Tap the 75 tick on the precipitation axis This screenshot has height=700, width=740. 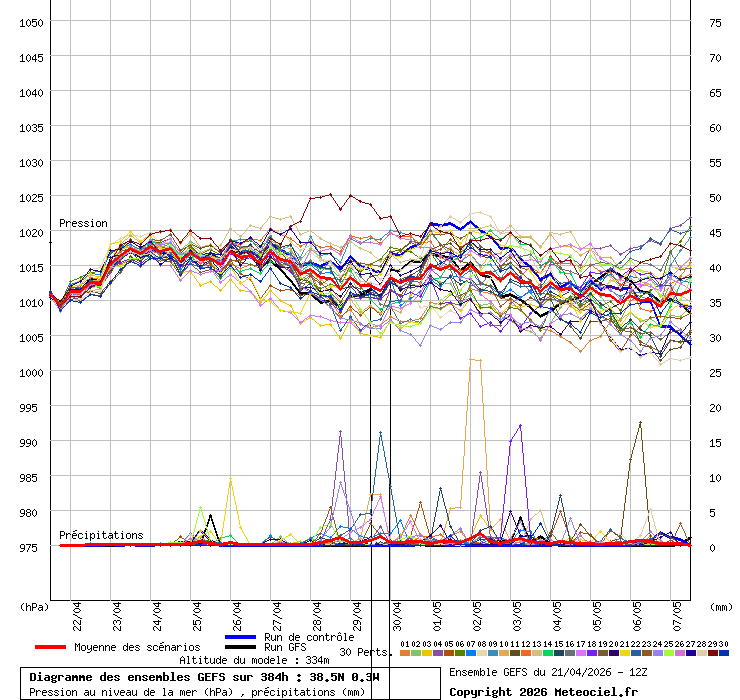coord(715,22)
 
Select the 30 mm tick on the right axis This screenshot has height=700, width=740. coord(715,337)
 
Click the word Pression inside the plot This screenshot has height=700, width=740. coord(83,223)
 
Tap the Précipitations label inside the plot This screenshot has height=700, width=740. coord(101,535)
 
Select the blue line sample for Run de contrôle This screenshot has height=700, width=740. coord(241,637)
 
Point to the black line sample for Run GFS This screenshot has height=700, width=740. coord(241,647)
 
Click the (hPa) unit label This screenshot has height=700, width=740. coord(35,606)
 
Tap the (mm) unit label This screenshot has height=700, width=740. coord(720,606)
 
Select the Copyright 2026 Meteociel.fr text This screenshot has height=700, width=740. coord(543,691)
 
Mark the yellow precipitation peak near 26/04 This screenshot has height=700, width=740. coord(231,481)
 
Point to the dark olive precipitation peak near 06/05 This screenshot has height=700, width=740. coord(640,423)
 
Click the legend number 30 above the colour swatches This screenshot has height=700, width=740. coord(723,644)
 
